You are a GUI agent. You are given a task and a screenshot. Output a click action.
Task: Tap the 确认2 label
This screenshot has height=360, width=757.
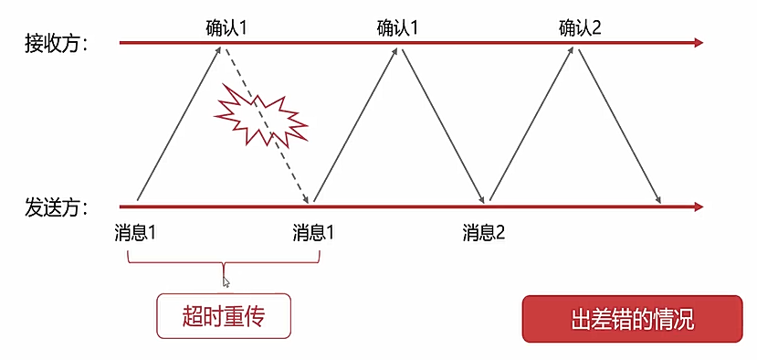tap(581, 27)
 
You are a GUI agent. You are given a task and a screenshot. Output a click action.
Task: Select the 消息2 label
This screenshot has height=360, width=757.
tap(484, 231)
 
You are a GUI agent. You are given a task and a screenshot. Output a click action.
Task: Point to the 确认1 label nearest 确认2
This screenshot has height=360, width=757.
tap(397, 27)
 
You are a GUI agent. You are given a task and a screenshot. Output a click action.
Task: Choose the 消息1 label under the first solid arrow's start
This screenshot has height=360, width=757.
tap(137, 231)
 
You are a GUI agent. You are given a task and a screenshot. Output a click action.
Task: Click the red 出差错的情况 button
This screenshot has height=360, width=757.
tap(632, 319)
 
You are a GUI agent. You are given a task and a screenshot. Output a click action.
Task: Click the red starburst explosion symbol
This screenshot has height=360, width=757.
tap(260, 113)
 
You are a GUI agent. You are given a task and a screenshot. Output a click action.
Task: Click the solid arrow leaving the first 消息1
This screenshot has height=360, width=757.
tap(179, 123)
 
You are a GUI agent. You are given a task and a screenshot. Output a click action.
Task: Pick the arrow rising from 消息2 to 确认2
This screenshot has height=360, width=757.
tap(532, 123)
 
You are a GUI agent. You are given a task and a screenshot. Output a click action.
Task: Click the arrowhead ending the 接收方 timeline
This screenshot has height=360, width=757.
tap(699, 42)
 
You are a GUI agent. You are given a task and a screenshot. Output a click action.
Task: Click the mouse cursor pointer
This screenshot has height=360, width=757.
tap(226, 282)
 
